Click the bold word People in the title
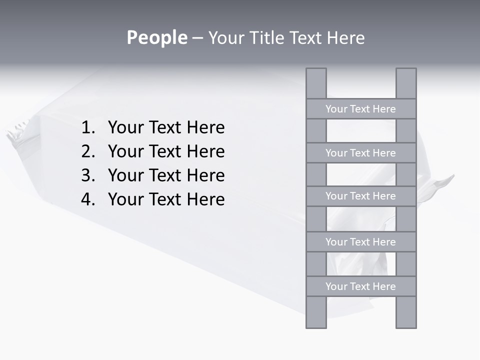(156, 37)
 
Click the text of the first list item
(166, 128)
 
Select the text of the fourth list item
(166, 199)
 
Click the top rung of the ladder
(360, 109)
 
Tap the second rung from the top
(360, 153)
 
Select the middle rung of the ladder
(360, 196)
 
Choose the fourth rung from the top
(360, 242)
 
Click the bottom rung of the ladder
(360, 286)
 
